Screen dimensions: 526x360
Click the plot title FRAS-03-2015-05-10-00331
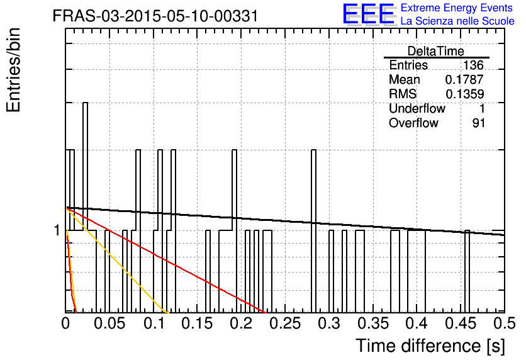point(155,16)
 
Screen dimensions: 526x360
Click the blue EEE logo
point(368,14)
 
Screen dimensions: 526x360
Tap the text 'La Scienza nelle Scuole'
point(457,21)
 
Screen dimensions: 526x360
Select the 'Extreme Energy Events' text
point(457,8)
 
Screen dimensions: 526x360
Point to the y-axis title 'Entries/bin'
point(13,70)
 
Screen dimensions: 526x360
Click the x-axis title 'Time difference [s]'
point(430,346)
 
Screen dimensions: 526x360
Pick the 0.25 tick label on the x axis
point(285,323)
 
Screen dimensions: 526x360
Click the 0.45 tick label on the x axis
point(461,323)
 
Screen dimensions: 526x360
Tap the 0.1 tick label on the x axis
point(154,323)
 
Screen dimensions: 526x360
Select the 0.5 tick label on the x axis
point(505,323)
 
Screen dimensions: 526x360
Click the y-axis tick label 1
point(57,230)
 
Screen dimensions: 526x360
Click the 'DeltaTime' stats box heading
point(436,51)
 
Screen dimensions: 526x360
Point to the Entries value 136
point(473,65)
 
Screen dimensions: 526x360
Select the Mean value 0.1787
point(464,79)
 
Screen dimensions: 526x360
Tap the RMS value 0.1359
point(464,94)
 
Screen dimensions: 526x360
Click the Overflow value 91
point(478,123)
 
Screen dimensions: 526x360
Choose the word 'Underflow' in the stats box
point(417,108)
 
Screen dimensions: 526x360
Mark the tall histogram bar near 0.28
point(314,231)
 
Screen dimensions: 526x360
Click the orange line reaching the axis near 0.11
point(116,261)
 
